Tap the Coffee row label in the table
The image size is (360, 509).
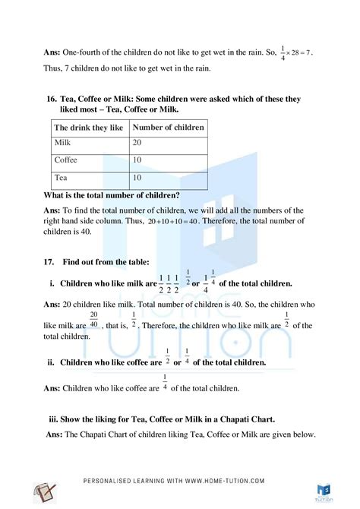[x=66, y=161]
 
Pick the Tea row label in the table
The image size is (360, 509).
[x=62, y=178]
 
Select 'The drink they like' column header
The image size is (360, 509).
[x=89, y=128]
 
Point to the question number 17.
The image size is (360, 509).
[x=49, y=262]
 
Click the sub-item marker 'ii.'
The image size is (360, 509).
[x=52, y=363]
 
